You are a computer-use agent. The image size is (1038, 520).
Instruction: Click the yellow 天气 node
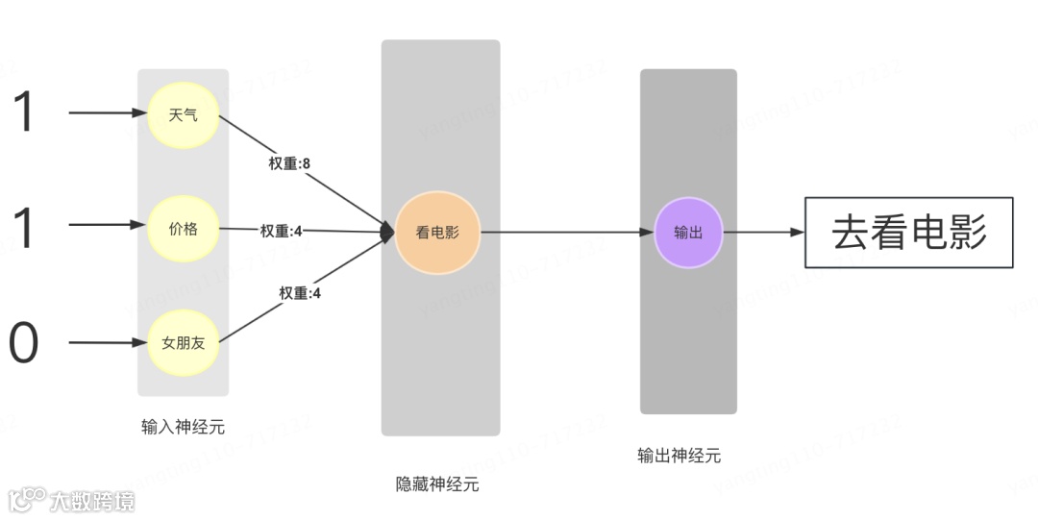tap(183, 115)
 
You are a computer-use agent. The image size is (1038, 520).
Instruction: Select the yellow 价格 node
tap(183, 228)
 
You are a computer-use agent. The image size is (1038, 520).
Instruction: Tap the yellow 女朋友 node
tap(183, 341)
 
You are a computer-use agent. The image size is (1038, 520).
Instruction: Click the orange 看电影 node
tap(436, 232)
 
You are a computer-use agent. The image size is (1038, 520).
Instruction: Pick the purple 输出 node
tap(688, 232)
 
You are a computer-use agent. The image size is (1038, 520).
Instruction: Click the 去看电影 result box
tap(908, 233)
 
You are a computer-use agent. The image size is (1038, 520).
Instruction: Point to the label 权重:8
tap(288, 163)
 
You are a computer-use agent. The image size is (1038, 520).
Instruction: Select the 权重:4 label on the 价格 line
tap(281, 231)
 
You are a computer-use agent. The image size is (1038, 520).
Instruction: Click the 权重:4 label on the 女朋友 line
tap(300, 293)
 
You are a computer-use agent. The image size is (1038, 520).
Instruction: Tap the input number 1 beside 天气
tap(23, 113)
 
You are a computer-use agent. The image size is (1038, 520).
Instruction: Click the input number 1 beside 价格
tap(23, 228)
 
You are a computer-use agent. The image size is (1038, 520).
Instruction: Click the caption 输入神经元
tap(183, 427)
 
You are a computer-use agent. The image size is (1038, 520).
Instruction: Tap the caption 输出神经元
tap(679, 456)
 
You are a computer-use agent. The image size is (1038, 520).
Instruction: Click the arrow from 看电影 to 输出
tap(567, 232)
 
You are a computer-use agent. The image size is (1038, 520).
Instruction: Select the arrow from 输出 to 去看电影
tap(763, 232)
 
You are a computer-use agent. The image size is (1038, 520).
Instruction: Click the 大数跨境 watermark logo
tap(71, 500)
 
